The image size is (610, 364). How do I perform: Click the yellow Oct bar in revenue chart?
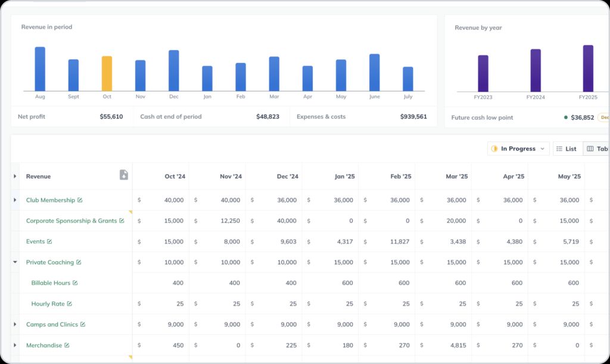(107, 74)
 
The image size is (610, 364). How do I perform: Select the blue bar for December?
(173, 70)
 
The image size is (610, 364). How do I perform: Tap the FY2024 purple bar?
(536, 70)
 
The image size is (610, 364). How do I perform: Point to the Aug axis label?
(40, 96)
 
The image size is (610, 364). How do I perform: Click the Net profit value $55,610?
(111, 117)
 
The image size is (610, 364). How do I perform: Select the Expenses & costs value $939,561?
(413, 117)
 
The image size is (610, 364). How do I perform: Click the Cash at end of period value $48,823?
(267, 117)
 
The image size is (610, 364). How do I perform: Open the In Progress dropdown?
(518, 149)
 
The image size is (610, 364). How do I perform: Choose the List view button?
(566, 149)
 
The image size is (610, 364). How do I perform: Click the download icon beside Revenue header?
(124, 175)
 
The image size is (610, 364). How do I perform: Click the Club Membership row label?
(51, 200)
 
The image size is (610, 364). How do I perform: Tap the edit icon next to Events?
(49, 241)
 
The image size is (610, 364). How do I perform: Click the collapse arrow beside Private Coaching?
(15, 262)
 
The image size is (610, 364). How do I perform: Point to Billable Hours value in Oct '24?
(178, 283)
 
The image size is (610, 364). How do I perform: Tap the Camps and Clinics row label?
(52, 325)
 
